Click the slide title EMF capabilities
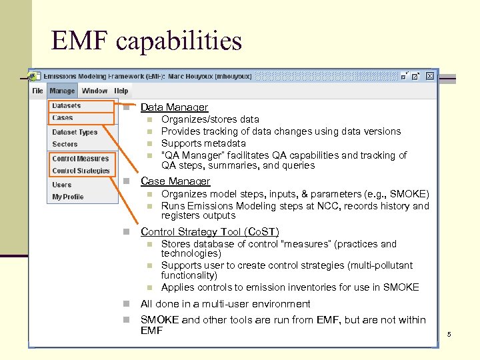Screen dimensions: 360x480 click(147, 41)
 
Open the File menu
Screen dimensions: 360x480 click(37, 91)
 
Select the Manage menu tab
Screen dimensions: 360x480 click(62, 91)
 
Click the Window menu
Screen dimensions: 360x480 click(95, 91)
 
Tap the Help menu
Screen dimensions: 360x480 click(121, 91)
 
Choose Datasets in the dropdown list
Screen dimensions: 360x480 click(67, 106)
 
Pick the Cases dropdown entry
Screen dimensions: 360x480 click(63, 118)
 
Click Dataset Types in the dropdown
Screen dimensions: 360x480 click(75, 132)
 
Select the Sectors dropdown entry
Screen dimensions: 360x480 click(65, 144)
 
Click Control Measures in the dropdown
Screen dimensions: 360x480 click(80, 159)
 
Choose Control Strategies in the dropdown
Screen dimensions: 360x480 click(81, 171)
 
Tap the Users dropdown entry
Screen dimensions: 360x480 click(62, 185)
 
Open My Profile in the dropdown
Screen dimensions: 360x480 click(68, 197)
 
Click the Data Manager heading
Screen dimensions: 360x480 click(174, 107)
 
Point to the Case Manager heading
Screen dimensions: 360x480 click(175, 181)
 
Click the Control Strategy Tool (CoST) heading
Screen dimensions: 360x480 click(209, 232)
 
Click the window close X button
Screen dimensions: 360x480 click(430, 77)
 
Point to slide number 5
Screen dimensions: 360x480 click(449, 334)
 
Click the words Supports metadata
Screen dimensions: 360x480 click(203, 143)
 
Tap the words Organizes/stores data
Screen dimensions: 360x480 click(210, 119)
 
